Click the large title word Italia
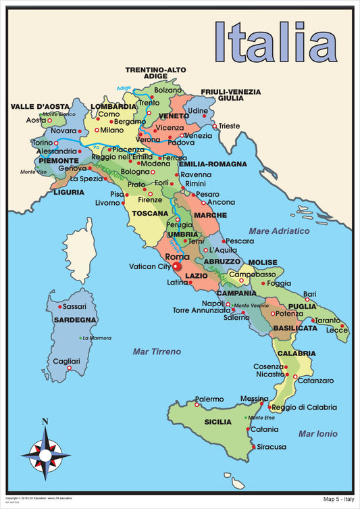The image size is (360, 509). (275, 42)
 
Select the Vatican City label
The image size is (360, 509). (150, 267)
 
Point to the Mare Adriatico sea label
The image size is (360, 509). (279, 231)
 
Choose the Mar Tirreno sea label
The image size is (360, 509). (157, 352)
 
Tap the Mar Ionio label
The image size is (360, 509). (318, 433)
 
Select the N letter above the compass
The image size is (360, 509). (45, 422)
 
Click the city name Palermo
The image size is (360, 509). (209, 399)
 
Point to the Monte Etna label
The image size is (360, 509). (261, 418)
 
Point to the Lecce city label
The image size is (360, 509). (336, 330)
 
